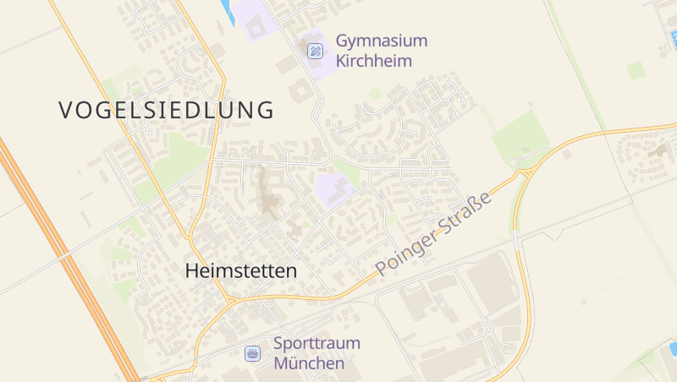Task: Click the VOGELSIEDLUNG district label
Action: coord(167,110)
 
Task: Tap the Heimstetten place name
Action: coord(241,271)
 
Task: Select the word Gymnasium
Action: coord(382,41)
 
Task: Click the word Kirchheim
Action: coord(373,61)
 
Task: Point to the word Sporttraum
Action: coord(316,344)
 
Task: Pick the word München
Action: coord(309,364)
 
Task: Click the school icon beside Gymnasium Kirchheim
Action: coord(315,52)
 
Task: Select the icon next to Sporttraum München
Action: coord(252,354)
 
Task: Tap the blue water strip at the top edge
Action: coord(227,11)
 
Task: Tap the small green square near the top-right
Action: coord(636,70)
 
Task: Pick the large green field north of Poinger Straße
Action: coord(520,135)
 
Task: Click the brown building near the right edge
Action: coord(659,150)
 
